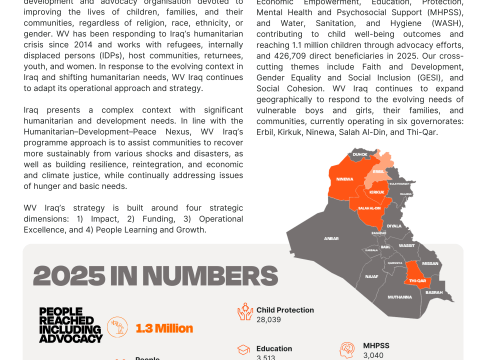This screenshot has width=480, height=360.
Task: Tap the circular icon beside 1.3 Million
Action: click(119, 327)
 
